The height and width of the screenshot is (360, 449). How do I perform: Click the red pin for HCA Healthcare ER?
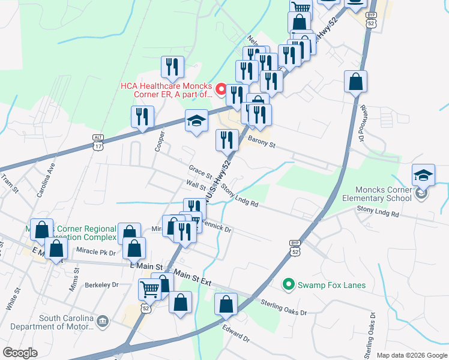[221, 91]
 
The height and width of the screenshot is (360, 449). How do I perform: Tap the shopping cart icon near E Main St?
[149, 290]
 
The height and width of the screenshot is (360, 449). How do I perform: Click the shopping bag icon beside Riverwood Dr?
[355, 82]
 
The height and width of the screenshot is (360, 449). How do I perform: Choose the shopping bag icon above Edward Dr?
[226, 304]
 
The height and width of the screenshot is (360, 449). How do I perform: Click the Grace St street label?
[200, 172]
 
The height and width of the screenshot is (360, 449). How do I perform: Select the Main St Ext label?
[193, 278]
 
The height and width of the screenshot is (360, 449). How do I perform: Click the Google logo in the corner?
[20, 353]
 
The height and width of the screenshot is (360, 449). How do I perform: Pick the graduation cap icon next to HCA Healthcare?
[196, 121]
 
